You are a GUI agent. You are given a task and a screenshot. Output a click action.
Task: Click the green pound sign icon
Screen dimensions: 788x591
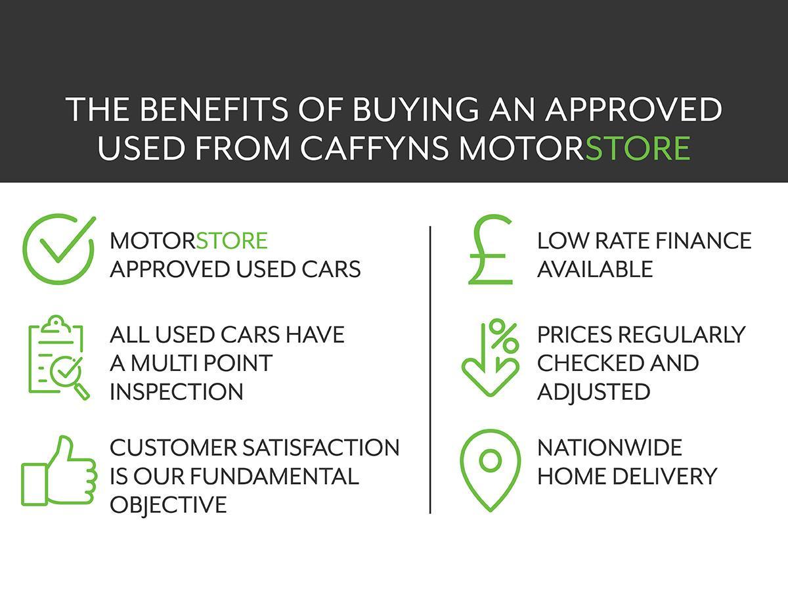click(490, 255)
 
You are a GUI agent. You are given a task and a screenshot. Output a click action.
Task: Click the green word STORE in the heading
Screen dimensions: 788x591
click(638, 148)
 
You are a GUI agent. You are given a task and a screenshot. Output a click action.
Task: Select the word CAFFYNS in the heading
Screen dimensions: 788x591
click(374, 148)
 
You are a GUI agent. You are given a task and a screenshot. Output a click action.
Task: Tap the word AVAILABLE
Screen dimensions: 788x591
click(595, 269)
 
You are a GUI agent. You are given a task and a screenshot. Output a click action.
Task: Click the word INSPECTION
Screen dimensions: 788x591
click(176, 391)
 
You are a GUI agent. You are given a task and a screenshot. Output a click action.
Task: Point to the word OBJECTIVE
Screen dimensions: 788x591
click(168, 504)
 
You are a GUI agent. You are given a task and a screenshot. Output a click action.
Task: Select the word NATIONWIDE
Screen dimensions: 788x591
click(609, 448)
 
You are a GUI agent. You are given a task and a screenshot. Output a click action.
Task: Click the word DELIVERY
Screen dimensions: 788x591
click(665, 476)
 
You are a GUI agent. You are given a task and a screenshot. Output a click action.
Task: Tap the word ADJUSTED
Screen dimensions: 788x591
click(594, 392)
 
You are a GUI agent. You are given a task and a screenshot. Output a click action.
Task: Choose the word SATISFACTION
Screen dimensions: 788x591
click(320, 448)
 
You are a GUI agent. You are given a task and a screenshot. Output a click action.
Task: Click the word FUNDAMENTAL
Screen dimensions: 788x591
click(274, 476)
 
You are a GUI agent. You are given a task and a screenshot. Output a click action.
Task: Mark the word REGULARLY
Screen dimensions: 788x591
click(682, 334)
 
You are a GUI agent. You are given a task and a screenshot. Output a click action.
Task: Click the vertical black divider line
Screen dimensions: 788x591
click(430, 370)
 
